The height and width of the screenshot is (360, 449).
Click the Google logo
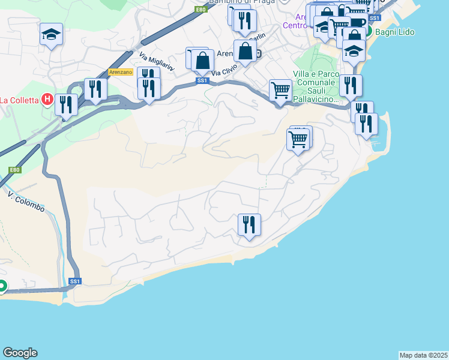click(20, 353)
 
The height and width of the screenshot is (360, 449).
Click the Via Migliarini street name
click(157, 62)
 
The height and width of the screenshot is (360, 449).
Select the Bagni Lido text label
click(395, 32)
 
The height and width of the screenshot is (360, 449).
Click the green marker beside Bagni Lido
click(369, 31)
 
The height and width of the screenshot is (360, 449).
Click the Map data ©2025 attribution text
click(423, 355)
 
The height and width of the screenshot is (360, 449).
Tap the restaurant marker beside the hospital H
click(66, 104)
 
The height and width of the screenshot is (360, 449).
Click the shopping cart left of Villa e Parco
click(280, 91)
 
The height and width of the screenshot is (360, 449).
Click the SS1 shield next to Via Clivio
click(202, 80)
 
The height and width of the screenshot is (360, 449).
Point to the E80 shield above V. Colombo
click(15, 170)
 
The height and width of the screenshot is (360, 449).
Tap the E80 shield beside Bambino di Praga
click(200, 10)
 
